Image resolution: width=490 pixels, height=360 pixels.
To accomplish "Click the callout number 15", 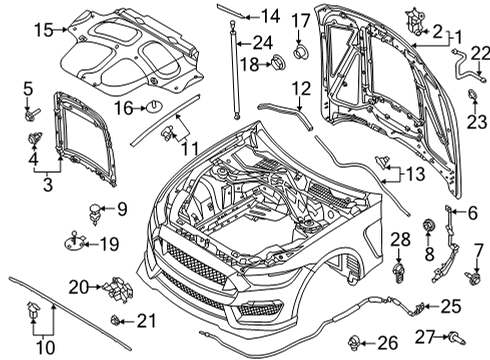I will tap(41, 32).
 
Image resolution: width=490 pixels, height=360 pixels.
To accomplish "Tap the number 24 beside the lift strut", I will tap(263, 42).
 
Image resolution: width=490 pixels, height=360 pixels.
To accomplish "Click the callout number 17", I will tap(300, 20).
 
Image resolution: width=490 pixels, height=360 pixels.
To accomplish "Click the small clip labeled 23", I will tap(470, 98).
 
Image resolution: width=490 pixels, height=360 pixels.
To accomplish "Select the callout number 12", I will tap(301, 90).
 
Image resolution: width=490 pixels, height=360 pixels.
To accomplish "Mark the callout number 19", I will tap(103, 242).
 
